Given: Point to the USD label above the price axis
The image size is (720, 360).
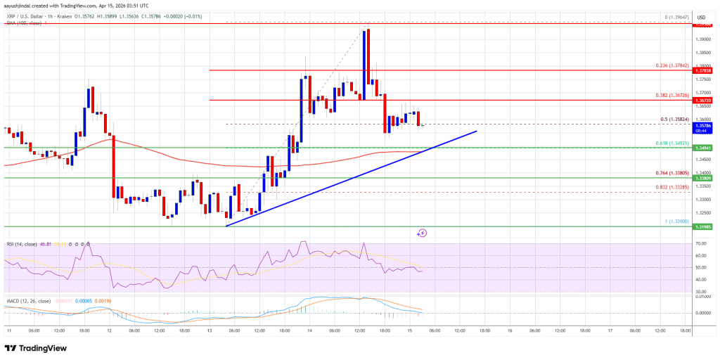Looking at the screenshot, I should pyautogui.click(x=701, y=17).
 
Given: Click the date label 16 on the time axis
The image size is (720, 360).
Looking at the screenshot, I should pyautogui.click(x=509, y=330).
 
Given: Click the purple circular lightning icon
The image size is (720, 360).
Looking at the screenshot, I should pyautogui.click(x=423, y=232).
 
